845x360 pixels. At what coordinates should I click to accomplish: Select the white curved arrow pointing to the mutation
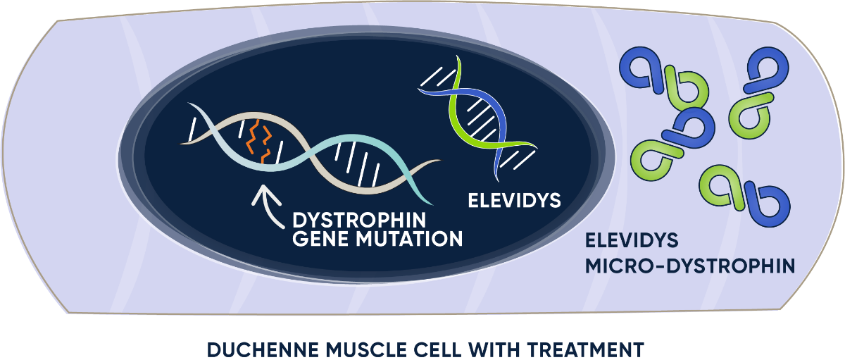point(265,204)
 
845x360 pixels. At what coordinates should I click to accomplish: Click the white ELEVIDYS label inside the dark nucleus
point(514,200)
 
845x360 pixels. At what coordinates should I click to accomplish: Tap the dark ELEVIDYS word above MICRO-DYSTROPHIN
point(631,240)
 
